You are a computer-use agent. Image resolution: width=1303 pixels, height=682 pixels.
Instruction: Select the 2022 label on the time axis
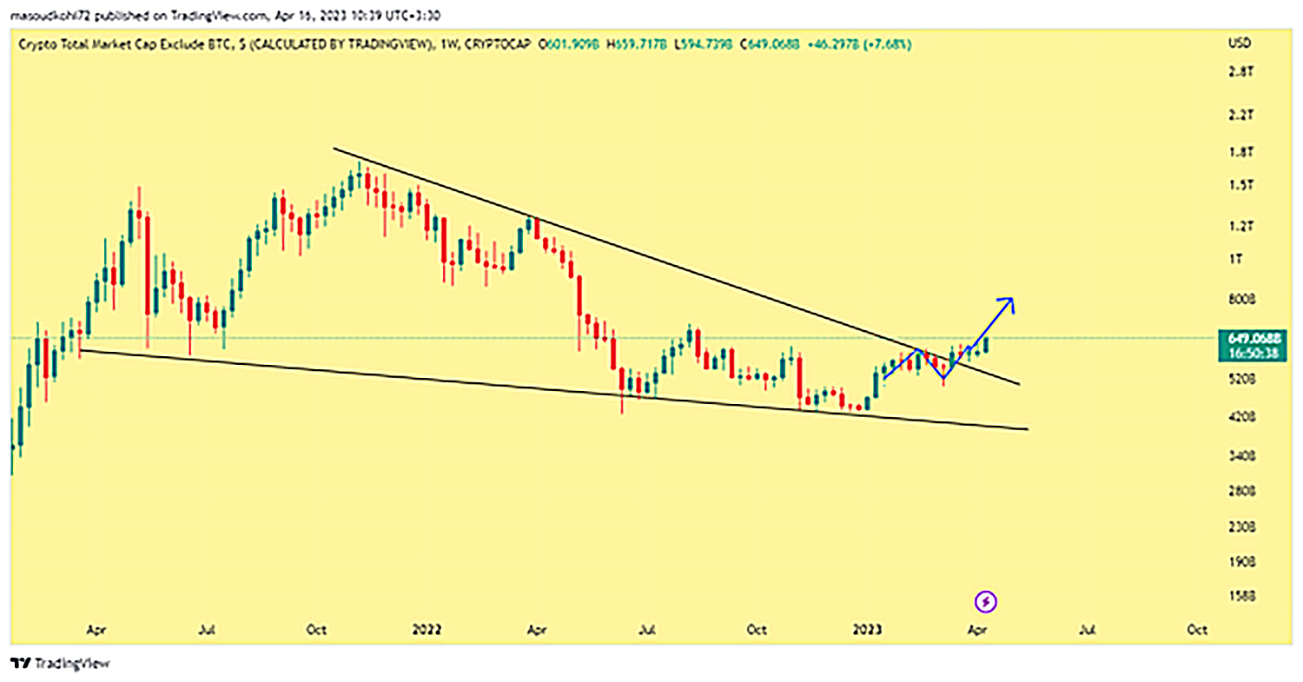click(426, 629)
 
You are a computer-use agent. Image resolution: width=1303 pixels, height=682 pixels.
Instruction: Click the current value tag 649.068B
click(1252, 337)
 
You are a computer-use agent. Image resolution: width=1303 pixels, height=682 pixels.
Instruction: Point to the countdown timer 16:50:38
click(1252, 353)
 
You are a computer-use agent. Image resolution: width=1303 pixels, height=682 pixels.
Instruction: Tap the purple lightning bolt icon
click(987, 601)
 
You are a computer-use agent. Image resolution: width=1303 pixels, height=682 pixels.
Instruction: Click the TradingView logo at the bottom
click(61, 664)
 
